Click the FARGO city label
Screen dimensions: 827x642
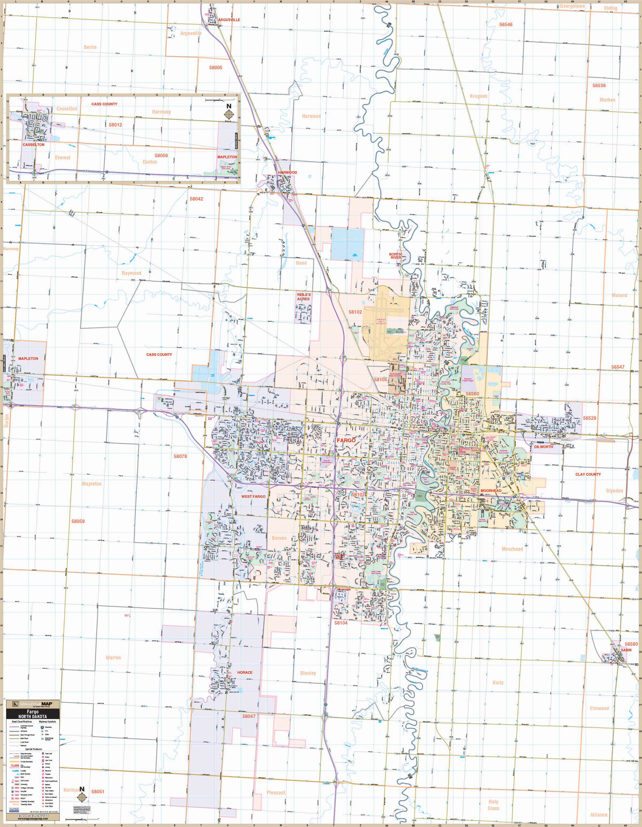tap(346, 440)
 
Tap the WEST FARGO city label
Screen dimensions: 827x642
tap(253, 497)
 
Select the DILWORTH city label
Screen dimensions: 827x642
tap(544, 447)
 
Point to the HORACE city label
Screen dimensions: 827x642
tap(245, 672)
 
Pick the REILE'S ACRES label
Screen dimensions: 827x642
tap(304, 297)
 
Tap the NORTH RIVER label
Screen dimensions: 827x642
tap(395, 256)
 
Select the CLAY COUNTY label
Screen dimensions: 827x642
tap(588, 474)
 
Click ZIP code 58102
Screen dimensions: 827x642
tap(355, 312)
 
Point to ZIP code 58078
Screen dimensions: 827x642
tap(180, 456)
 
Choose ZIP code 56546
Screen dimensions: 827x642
tap(506, 25)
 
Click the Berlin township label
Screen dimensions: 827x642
tap(90, 47)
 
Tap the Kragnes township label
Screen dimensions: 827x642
tap(478, 96)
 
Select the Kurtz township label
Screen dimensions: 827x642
tap(498, 682)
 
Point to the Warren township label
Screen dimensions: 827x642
tap(113, 657)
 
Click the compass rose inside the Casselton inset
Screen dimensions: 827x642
tap(228, 114)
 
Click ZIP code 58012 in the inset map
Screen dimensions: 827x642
tap(115, 125)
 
